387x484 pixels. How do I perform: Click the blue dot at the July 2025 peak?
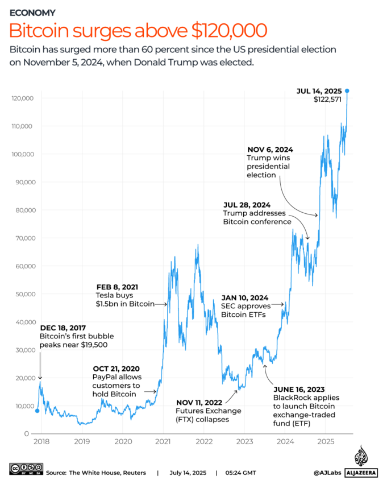pyautogui.click(x=347, y=91)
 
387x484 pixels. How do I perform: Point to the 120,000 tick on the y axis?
pyautogui.click(x=23, y=98)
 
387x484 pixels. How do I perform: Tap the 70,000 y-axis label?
pyautogui.click(x=26, y=238)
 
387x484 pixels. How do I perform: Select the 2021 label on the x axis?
pyautogui.click(x=163, y=441)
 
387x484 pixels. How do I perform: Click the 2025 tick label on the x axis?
pyautogui.click(x=326, y=441)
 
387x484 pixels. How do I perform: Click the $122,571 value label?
pyautogui.click(x=327, y=100)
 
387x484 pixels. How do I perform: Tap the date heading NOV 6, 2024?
pyautogui.click(x=270, y=150)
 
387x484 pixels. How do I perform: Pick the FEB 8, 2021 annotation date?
pyautogui.click(x=117, y=287)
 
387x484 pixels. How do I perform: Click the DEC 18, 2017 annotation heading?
pyautogui.click(x=63, y=328)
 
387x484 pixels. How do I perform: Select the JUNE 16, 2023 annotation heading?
pyautogui.click(x=299, y=389)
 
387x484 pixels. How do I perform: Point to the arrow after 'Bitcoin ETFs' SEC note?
pyautogui.click(x=278, y=304)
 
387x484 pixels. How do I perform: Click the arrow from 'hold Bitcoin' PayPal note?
pyautogui.click(x=151, y=392)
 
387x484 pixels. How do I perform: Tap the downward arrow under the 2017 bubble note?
pyautogui.click(x=40, y=366)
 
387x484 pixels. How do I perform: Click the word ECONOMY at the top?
pyautogui.click(x=33, y=13)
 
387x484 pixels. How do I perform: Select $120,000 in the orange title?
pyautogui.click(x=229, y=31)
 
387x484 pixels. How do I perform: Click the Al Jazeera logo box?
pyautogui.click(x=361, y=473)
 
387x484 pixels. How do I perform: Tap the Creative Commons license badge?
pyautogui.click(x=26, y=469)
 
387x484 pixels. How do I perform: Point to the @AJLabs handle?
pyautogui.click(x=327, y=473)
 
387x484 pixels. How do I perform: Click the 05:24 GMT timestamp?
pyautogui.click(x=240, y=473)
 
